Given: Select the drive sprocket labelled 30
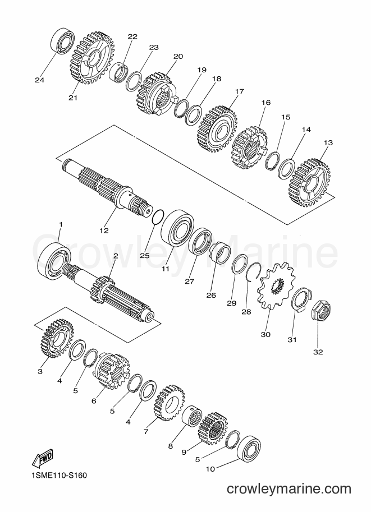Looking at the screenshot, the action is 276,287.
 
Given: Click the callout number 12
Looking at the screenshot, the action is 104,230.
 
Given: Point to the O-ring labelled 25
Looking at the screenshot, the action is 158,218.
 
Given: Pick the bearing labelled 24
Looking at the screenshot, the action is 62,41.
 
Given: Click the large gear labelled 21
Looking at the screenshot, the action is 92,58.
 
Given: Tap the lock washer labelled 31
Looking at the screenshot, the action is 300,299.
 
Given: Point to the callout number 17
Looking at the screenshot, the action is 239,91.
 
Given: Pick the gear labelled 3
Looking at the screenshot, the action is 57,338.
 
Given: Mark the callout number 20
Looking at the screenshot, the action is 178,57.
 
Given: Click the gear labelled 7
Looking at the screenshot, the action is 169,402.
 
